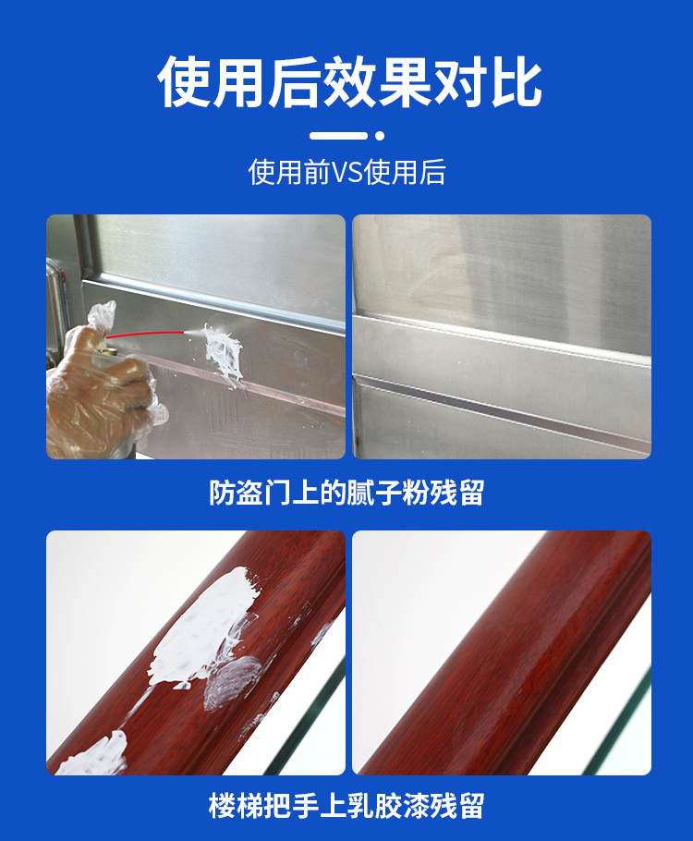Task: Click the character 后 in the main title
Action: click(294, 81)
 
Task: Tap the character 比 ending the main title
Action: click(516, 81)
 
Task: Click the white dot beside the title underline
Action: click(380, 136)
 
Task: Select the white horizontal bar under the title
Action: click(338, 136)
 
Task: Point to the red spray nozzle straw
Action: click(145, 335)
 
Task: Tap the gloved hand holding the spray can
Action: click(102, 384)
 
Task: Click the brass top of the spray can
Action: click(107, 351)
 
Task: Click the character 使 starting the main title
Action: click(184, 81)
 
